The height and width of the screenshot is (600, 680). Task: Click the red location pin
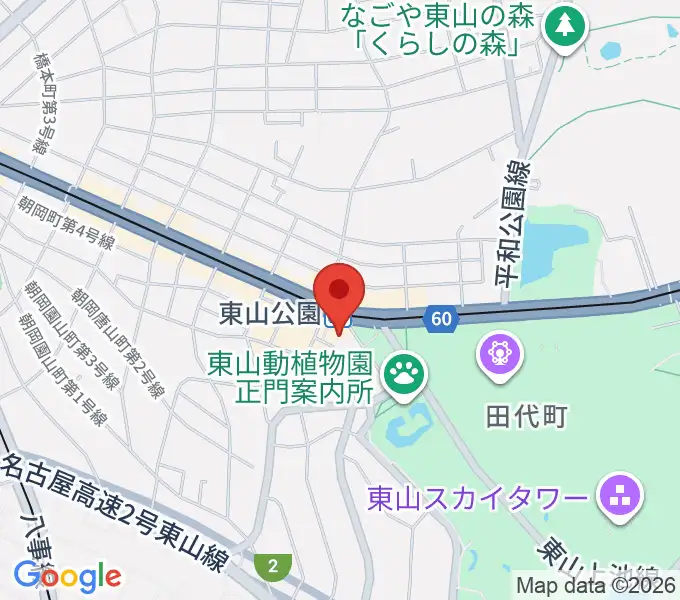(339, 291)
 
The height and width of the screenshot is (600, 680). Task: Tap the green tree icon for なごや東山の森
(567, 23)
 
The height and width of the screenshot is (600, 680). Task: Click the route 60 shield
(441, 319)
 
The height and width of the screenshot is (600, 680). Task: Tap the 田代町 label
(527, 415)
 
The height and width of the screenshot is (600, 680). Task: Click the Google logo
(67, 576)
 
